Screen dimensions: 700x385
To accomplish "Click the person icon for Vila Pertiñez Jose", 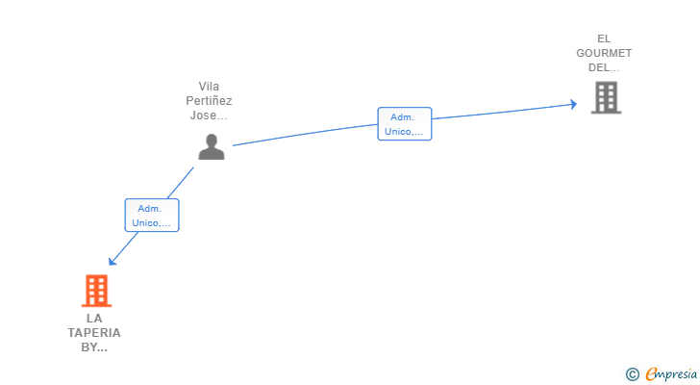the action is coord(211,146).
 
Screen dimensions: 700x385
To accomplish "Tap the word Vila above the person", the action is coord(209,86).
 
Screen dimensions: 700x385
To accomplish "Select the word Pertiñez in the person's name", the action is coord(209,100).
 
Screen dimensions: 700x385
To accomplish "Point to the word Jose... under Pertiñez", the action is coord(209,115).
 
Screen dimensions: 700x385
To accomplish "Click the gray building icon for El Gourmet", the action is coord(606,97).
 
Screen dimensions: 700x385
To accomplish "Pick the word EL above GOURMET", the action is coord(604,38).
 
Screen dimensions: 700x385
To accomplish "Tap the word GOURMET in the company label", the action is coord(604,53).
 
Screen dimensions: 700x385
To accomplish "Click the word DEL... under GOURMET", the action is coord(604,67).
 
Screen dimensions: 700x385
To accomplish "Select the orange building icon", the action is coord(95,291).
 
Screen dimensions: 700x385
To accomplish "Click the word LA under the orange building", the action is coord(94,318).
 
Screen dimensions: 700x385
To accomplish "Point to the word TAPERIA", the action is coord(94,333).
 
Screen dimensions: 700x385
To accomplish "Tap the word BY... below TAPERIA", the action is coord(94,347).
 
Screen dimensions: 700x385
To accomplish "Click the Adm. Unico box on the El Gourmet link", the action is coord(404,124).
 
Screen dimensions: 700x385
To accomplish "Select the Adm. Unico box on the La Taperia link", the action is coord(152,215).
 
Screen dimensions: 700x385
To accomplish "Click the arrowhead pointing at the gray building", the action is coord(573,104).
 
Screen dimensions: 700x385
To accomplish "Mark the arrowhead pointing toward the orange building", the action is coord(112,261).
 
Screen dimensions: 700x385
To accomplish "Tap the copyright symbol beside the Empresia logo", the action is coord(632,374).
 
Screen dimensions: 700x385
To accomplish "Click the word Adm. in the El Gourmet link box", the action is coord(402,116).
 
